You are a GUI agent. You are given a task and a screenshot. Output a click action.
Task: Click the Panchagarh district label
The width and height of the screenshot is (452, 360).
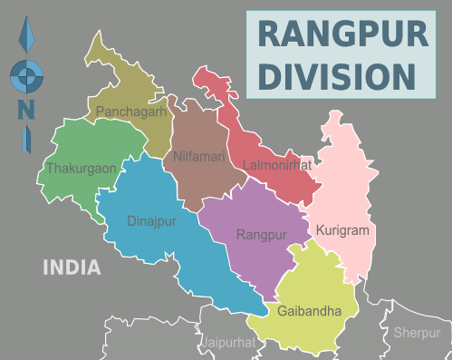point(131,112)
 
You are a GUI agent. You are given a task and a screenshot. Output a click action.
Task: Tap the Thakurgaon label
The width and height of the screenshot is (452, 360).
point(80,168)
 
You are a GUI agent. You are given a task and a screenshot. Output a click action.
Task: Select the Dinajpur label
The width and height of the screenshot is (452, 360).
point(151,219)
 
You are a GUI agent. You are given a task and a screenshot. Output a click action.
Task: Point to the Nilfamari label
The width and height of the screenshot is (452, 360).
point(200,157)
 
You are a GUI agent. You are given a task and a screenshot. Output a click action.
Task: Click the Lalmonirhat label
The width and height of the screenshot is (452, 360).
point(277,166)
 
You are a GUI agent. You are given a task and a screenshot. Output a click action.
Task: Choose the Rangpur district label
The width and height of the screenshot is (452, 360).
point(261,235)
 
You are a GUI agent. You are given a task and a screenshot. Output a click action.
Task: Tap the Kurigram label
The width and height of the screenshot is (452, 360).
point(342,230)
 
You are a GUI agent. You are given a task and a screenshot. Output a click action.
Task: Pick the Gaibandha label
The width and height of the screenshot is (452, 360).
point(310,311)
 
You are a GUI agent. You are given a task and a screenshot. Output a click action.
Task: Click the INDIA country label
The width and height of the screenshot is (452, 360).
point(72,268)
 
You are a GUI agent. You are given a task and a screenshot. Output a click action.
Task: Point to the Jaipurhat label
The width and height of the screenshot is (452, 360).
point(227,343)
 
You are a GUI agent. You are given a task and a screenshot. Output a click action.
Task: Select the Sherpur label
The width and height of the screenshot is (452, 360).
point(417,333)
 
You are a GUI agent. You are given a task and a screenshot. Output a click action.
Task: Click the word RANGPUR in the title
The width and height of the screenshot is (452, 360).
point(342,35)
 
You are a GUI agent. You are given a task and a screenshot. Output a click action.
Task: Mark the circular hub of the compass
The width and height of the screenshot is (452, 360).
point(25,75)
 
